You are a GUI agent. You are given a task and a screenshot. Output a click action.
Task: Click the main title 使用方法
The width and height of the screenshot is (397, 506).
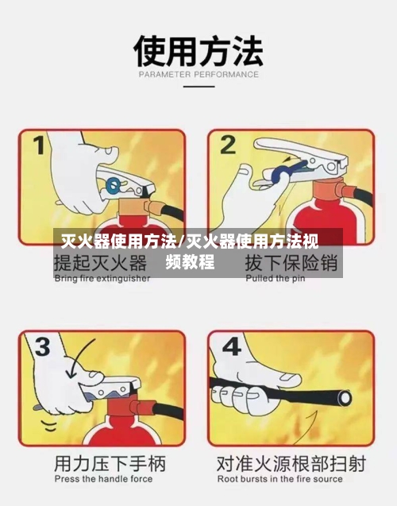click(x=198, y=51)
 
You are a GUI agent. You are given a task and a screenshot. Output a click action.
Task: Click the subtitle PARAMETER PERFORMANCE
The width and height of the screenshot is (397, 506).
click(x=198, y=75)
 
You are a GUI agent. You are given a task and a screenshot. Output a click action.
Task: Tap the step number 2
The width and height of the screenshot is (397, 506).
click(x=229, y=145)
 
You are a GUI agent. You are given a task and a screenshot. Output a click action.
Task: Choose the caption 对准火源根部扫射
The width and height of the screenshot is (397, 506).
click(x=291, y=463)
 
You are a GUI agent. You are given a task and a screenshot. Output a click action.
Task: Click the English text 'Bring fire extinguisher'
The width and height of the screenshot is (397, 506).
click(x=102, y=279)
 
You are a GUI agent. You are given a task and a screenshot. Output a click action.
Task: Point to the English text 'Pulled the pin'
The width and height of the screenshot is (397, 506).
click(x=275, y=279)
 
